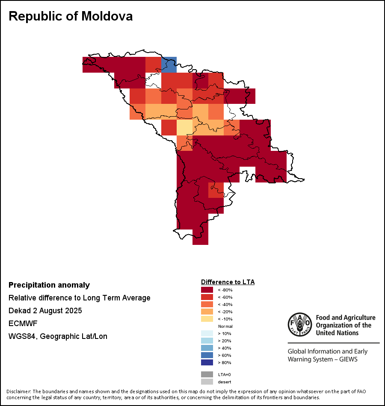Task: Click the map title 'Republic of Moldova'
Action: [x=71, y=16]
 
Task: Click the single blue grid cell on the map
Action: [x=169, y=64]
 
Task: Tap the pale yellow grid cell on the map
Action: [x=184, y=127]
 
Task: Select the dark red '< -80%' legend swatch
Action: [x=207, y=290]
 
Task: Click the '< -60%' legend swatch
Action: [x=207, y=297]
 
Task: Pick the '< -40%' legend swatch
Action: [x=207, y=304]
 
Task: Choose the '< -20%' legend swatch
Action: [x=207, y=312]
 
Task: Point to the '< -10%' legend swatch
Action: [x=207, y=319]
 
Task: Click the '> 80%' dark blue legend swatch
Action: [x=207, y=362]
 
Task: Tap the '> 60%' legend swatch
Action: [x=207, y=355]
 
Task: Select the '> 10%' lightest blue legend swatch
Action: [x=207, y=333]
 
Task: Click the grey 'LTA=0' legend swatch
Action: [x=207, y=374]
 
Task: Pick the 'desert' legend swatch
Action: [x=207, y=382]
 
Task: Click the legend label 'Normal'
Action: [x=225, y=326]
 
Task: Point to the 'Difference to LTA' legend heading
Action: [x=228, y=282]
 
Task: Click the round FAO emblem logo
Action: [x=299, y=325]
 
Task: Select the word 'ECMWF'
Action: [x=23, y=324]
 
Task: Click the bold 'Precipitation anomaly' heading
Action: [x=49, y=285]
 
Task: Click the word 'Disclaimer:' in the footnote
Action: [x=18, y=391]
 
